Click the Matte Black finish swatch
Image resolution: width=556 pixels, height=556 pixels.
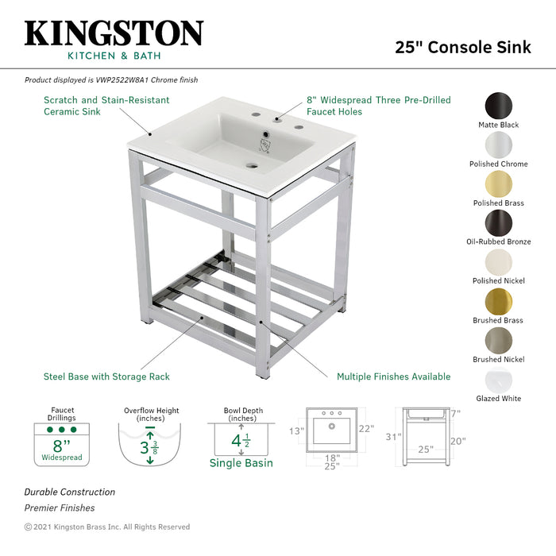pos(498,106)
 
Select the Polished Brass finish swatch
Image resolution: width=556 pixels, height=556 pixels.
pos(498,183)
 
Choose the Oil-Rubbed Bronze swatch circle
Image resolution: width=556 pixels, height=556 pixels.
pos(498,222)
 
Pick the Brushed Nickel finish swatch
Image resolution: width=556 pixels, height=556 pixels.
pos(498,340)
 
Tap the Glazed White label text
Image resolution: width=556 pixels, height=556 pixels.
pos(499,399)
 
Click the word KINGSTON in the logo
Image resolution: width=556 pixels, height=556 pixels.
pos(114,33)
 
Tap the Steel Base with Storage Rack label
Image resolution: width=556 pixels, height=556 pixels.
pos(106,376)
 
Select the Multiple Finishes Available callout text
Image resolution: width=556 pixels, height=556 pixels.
pos(393,376)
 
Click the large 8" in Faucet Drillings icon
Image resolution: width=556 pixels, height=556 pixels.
pos(61,445)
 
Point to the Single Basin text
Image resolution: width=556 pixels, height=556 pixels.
pos(241,463)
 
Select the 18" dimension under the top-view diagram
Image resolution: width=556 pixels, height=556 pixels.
pos(332,458)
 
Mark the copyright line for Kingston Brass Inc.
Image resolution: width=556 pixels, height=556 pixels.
pos(106,527)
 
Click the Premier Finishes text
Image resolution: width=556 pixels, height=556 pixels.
pos(60,508)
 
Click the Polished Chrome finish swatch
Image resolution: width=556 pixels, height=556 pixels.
pos(498,145)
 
